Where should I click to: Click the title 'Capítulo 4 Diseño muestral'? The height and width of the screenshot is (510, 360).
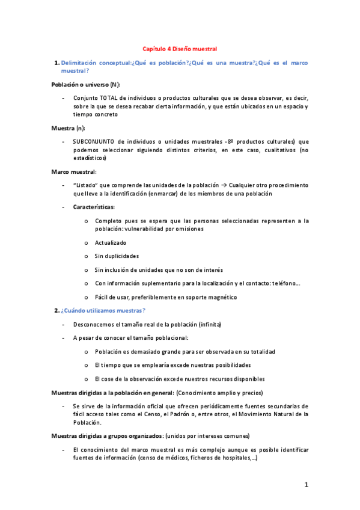(x=179, y=48)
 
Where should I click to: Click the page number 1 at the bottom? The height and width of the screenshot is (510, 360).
(x=306, y=485)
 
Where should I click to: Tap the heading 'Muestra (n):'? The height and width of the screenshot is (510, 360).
(x=68, y=128)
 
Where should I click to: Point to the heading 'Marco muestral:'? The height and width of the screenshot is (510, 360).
(x=75, y=171)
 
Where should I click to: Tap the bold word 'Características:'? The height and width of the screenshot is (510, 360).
(x=94, y=207)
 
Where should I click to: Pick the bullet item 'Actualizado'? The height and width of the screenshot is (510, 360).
(x=110, y=242)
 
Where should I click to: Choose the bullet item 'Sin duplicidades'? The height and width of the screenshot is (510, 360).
(x=116, y=256)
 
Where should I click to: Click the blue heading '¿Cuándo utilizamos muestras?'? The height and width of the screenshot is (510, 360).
(x=103, y=310)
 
